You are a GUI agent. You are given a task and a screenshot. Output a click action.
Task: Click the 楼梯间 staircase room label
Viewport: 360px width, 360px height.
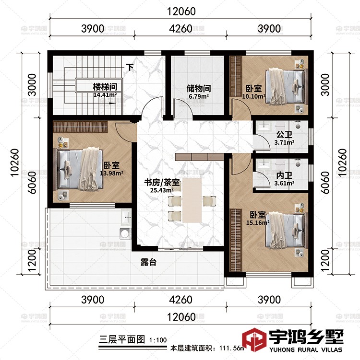(x=105, y=87)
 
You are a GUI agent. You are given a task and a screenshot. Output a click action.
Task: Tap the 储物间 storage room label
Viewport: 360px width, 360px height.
(x=199, y=89)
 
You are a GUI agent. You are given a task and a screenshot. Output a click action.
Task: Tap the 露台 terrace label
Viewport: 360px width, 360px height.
(x=147, y=263)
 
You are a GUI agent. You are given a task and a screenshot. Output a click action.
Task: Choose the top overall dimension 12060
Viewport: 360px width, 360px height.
(x=182, y=12)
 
